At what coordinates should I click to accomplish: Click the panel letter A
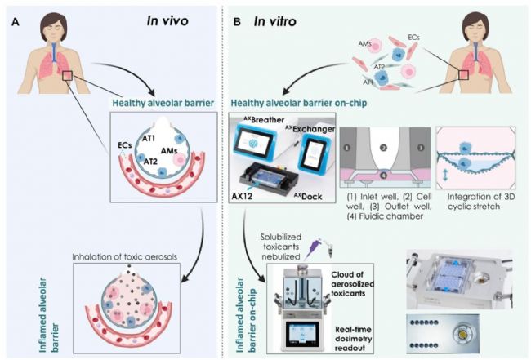pos(16,23)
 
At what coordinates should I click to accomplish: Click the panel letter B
pos(237,23)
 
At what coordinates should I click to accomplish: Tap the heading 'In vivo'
pos(167,21)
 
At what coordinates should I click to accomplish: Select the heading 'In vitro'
pos(275,22)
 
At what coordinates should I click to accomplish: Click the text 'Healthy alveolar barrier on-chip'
pos(299,103)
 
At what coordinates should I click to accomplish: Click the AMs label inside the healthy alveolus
pos(169,151)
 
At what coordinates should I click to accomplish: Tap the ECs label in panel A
pos(125,145)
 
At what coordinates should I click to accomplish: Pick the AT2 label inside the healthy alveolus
pos(150,162)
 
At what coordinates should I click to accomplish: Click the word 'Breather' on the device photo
pos(268,120)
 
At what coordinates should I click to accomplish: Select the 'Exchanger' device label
pos(314,129)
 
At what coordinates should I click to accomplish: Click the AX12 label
pos(242,196)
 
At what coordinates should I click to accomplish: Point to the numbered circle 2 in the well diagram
pos(383,148)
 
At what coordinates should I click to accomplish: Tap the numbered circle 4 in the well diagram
pos(383,176)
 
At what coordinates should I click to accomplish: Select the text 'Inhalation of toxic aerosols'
pos(125,257)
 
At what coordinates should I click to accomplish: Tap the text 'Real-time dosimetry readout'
pos(353,339)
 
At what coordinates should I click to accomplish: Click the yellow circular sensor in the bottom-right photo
pos(462,335)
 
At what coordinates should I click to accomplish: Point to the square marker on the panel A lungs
pos(67,76)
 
